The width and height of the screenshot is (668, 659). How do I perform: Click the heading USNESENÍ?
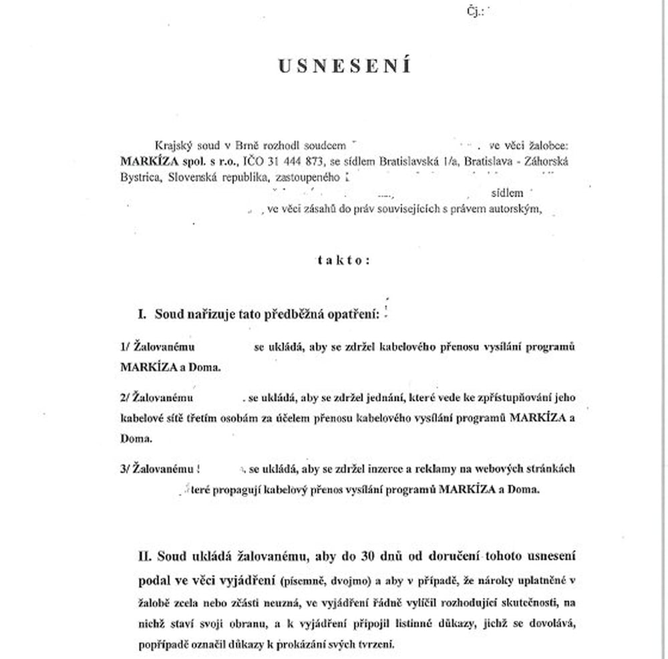(344, 67)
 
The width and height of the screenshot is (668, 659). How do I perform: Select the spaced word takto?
(343, 260)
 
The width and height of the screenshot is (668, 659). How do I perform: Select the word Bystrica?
(139, 178)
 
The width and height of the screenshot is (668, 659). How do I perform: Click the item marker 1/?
(125, 348)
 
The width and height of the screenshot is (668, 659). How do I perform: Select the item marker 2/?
(125, 398)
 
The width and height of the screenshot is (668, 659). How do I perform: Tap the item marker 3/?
(125, 469)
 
